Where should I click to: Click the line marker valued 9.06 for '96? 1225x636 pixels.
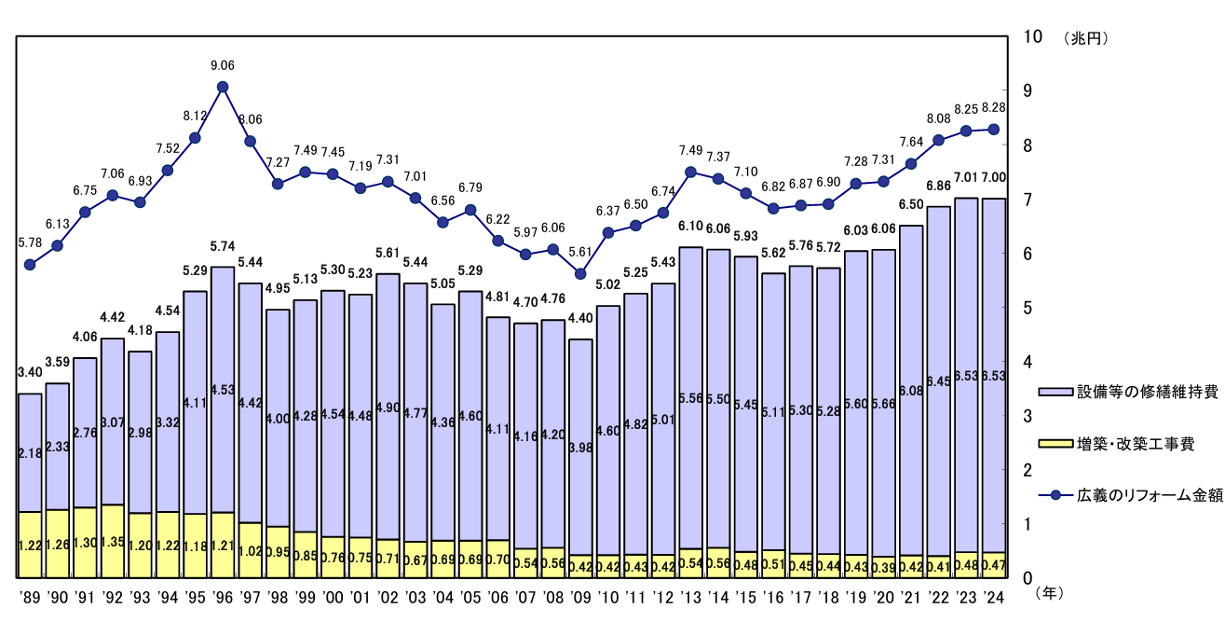click(223, 87)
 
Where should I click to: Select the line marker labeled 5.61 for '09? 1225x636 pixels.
click(580, 274)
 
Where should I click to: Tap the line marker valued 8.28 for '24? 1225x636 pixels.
click(994, 130)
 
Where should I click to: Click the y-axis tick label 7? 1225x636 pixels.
click(1028, 200)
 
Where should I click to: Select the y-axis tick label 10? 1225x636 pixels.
click(1032, 37)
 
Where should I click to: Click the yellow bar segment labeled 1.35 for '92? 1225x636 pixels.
click(113, 541)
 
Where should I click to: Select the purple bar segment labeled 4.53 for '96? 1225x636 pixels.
click(223, 389)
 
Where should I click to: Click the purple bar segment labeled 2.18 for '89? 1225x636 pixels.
click(30, 452)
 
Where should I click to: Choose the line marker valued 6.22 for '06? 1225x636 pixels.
click(497, 241)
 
